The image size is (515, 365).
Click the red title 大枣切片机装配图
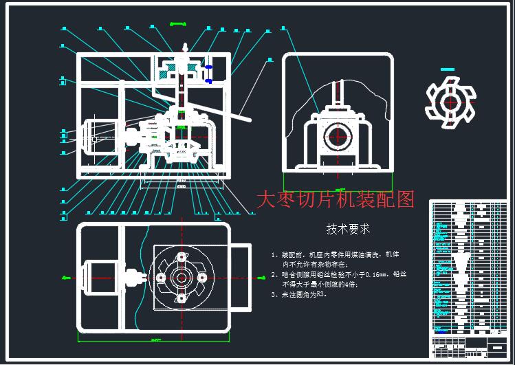click(x=335, y=200)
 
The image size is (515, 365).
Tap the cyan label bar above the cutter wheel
click(x=448, y=69)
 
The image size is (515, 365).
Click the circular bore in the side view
click(x=337, y=134)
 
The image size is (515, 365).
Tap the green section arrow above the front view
click(x=177, y=25)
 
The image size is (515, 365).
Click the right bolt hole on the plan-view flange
click(x=203, y=277)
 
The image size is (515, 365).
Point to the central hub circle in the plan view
click(x=182, y=277)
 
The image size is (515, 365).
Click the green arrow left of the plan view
click(x=66, y=278)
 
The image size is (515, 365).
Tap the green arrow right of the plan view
click(x=261, y=278)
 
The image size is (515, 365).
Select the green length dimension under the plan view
click(x=155, y=340)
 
